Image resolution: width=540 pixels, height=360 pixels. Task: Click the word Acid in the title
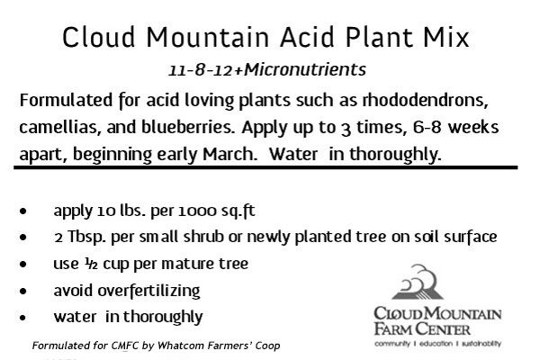click(x=307, y=37)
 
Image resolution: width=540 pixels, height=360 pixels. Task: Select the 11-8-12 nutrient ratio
click(x=201, y=70)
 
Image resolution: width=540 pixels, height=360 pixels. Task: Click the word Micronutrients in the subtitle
click(x=305, y=69)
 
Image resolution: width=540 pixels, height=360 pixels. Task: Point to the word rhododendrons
click(x=426, y=100)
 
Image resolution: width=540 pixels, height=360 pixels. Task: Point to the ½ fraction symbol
click(x=91, y=264)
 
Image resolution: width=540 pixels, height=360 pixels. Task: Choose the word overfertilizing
click(x=148, y=291)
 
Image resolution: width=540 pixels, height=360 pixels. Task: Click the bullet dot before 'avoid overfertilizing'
click(x=23, y=291)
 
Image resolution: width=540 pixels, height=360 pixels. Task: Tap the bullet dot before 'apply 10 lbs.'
click(x=23, y=211)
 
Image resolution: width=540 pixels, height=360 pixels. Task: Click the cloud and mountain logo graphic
click(x=418, y=282)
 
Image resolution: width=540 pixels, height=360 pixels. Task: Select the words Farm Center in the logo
click(x=422, y=328)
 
